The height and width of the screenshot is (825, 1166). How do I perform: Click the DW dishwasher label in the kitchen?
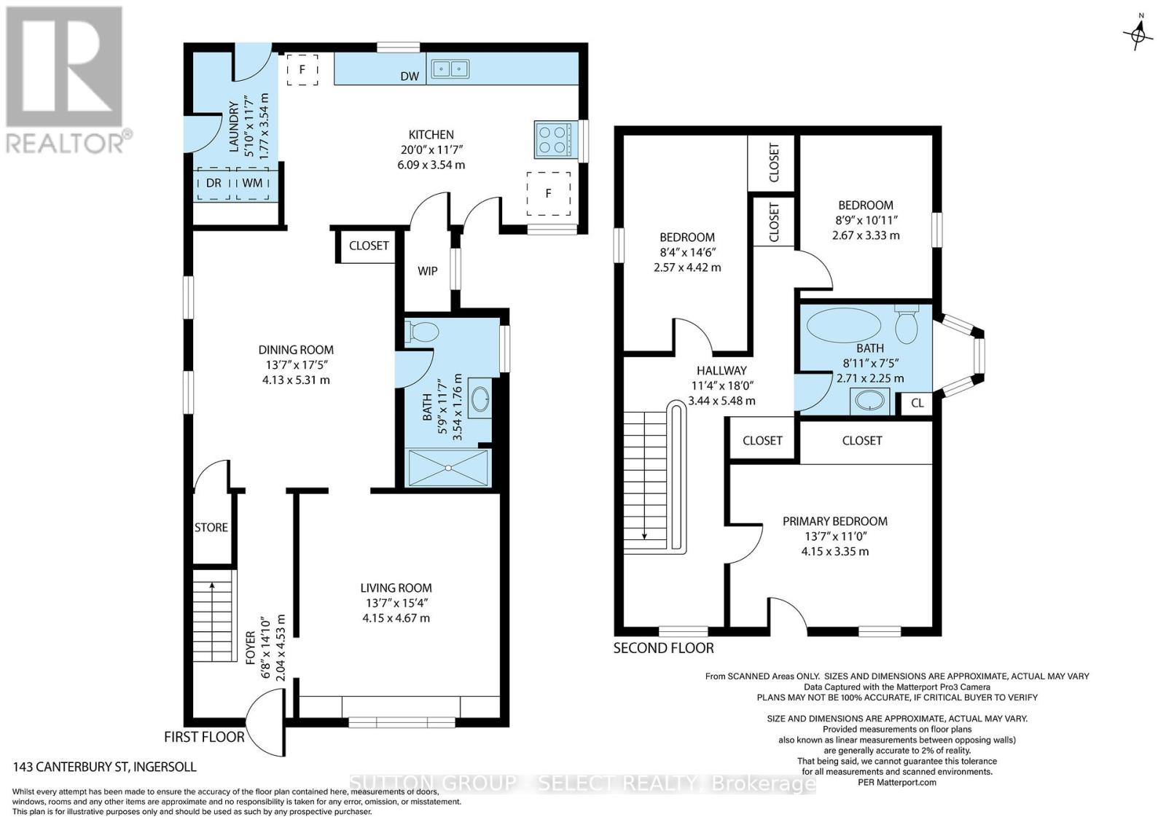[410, 77]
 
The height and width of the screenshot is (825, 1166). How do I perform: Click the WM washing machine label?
[252, 183]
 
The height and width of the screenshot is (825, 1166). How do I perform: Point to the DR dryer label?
[214, 183]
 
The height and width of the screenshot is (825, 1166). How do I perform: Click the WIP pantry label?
[427, 270]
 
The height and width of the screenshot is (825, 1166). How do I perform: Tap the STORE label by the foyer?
[211, 527]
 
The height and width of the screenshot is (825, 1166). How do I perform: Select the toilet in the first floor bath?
[422, 332]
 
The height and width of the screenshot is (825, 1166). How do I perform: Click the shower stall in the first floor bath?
[448, 468]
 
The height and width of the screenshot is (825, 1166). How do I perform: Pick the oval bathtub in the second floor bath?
[844, 325]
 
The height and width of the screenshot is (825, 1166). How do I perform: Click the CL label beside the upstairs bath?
[917, 403]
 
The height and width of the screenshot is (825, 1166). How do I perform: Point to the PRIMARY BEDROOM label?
[835, 521]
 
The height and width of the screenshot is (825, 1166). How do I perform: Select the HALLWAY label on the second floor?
[721, 371]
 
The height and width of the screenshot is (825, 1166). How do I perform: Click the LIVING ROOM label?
[396, 587]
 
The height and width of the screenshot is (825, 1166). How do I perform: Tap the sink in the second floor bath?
[870, 402]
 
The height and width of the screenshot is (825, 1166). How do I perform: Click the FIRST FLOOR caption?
[204, 737]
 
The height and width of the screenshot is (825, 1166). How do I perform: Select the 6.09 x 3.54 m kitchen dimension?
[431, 165]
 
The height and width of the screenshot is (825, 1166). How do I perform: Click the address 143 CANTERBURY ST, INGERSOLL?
[105, 767]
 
